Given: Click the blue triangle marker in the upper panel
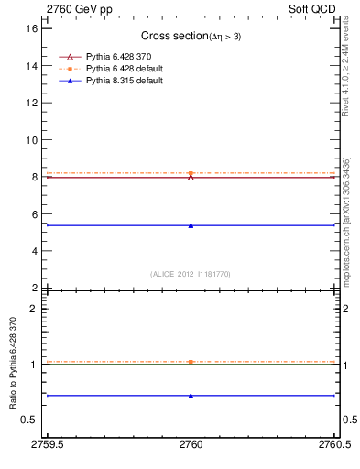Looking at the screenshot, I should click(191, 225).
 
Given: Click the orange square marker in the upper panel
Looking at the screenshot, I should click(191, 173).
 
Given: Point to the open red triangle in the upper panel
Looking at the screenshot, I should click(191, 177).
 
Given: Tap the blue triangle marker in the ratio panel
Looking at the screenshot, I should click(191, 396).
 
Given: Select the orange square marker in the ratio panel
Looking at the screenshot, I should click(191, 362).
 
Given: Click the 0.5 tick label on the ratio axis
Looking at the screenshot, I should click(29, 420).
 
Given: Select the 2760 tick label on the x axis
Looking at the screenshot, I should click(191, 446).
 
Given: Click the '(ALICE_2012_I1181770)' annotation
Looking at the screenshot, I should click(191, 273).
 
